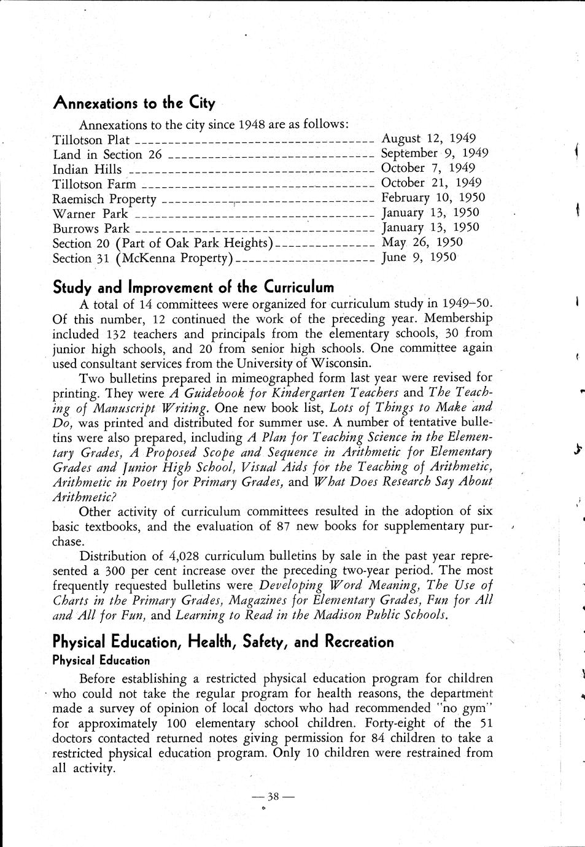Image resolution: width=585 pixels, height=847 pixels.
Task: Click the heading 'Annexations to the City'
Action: [x=134, y=102]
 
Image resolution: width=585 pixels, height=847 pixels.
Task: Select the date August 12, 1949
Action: [x=428, y=139]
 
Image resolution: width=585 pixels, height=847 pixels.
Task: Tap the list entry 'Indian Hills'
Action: [x=87, y=170]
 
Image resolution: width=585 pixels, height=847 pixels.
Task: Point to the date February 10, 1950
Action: [x=433, y=198]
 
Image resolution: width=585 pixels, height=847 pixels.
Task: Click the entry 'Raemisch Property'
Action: [x=104, y=199]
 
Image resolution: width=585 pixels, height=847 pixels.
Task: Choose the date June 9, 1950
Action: [x=419, y=257]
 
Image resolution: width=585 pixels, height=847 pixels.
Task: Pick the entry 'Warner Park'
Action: [x=90, y=214]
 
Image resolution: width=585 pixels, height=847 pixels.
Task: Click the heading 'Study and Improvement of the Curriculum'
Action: [x=193, y=287]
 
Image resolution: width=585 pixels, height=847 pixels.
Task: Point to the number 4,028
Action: [x=182, y=556]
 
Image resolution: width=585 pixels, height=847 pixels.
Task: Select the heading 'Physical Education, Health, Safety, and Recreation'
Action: [x=223, y=642]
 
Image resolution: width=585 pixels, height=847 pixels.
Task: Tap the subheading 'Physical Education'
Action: [x=101, y=660]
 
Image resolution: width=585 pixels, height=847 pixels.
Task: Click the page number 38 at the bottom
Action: [x=273, y=797]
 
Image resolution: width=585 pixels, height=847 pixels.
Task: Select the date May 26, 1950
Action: [x=422, y=242]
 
